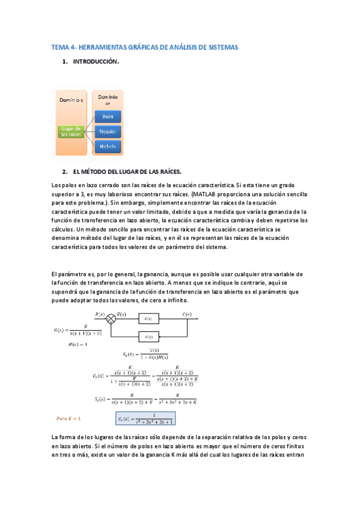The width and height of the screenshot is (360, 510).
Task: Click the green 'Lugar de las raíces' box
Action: (72, 131)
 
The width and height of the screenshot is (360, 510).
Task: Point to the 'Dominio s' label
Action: (71, 98)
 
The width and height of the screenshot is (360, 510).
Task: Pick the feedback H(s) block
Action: (150, 336)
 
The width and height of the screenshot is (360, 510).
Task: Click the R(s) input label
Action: (100, 315)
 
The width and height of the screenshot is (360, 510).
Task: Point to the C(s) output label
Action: (188, 315)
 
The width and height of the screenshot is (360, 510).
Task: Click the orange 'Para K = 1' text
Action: (69, 417)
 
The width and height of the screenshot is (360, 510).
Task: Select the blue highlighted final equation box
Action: (144, 418)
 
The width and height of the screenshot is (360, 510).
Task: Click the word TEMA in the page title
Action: (60, 46)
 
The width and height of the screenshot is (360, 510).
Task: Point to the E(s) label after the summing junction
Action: (122, 315)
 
